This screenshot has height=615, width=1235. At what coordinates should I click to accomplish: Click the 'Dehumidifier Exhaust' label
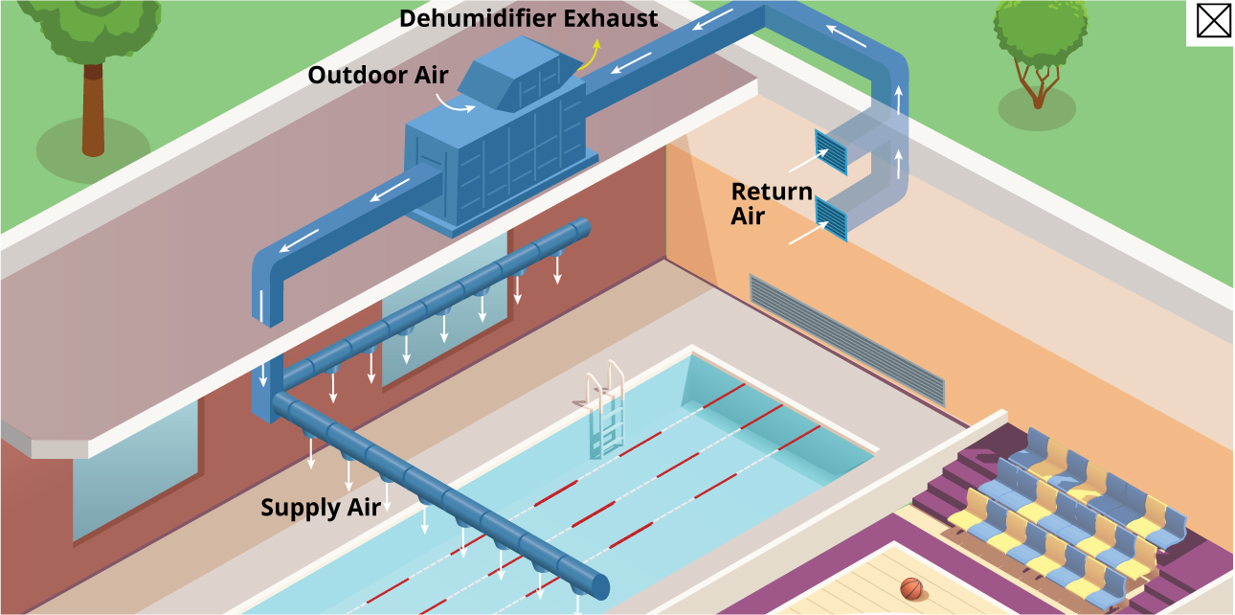(x=528, y=18)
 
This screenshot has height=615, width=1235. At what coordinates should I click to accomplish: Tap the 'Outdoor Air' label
(x=378, y=75)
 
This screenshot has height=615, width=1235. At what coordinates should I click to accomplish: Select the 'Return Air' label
(x=772, y=203)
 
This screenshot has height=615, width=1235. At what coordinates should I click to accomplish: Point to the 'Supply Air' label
(x=321, y=508)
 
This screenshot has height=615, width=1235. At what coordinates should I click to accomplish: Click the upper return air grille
(x=831, y=152)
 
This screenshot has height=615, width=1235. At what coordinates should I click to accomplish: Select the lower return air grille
(x=831, y=219)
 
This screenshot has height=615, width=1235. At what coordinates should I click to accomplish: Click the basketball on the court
(x=911, y=588)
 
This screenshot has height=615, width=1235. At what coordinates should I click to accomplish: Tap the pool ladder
(x=605, y=408)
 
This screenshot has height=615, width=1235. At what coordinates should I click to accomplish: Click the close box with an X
(x=1214, y=21)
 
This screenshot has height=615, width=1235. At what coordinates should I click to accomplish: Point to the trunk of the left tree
(x=93, y=109)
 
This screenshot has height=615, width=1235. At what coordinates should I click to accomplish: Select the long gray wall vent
(x=847, y=339)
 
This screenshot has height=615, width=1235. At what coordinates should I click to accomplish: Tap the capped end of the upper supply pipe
(x=582, y=228)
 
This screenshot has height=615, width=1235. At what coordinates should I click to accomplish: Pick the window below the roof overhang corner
(x=135, y=470)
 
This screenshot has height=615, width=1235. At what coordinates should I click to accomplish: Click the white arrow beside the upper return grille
(x=808, y=161)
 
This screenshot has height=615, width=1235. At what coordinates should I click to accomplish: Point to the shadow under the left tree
(x=93, y=150)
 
